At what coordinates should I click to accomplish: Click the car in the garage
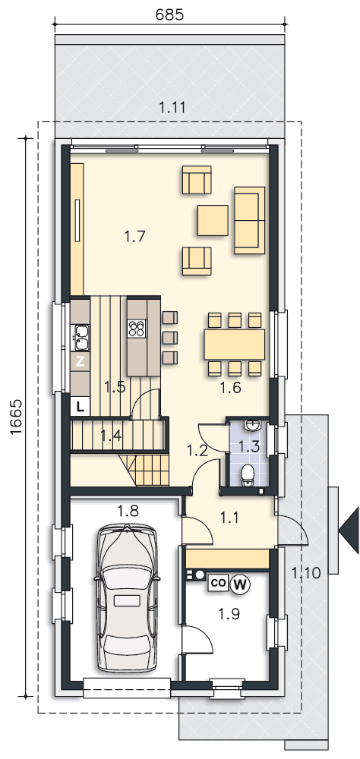128,600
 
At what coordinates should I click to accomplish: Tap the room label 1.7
134,237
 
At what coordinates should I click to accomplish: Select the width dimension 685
169,15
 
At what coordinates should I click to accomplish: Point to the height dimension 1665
17,417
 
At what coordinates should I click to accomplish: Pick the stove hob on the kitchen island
138,329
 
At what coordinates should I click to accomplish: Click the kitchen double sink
81,338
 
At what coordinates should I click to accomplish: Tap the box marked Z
81,361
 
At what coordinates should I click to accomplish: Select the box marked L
81,407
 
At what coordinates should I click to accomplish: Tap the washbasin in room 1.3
252,426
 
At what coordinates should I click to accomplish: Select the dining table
235,344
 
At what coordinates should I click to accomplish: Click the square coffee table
213,220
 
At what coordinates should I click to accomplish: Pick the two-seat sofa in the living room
250,220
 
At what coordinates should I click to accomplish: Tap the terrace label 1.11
172,108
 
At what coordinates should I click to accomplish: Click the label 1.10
306,573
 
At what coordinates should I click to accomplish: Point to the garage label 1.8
128,510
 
